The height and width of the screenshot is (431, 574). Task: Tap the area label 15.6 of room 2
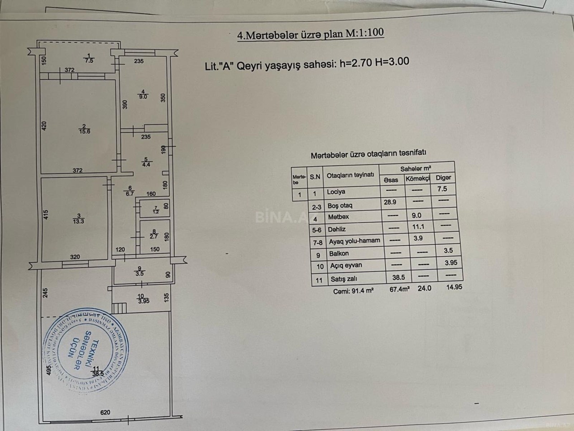(85, 131)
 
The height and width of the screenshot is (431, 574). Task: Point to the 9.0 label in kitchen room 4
(145, 97)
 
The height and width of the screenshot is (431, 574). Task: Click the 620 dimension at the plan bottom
(105, 412)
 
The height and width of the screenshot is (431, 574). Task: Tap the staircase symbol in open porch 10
(119, 308)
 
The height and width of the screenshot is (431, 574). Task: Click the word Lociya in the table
(336, 192)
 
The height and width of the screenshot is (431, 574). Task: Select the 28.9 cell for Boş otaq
(390, 202)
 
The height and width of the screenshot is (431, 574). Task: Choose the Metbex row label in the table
(338, 217)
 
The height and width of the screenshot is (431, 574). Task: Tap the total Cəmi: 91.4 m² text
(353, 291)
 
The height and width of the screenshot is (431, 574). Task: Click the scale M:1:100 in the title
(364, 33)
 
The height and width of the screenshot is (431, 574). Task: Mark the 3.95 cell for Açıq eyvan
(451, 263)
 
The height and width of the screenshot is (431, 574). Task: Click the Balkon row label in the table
(339, 254)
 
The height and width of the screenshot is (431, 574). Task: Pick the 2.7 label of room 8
(154, 237)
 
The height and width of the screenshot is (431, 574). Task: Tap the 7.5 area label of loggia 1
(89, 61)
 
